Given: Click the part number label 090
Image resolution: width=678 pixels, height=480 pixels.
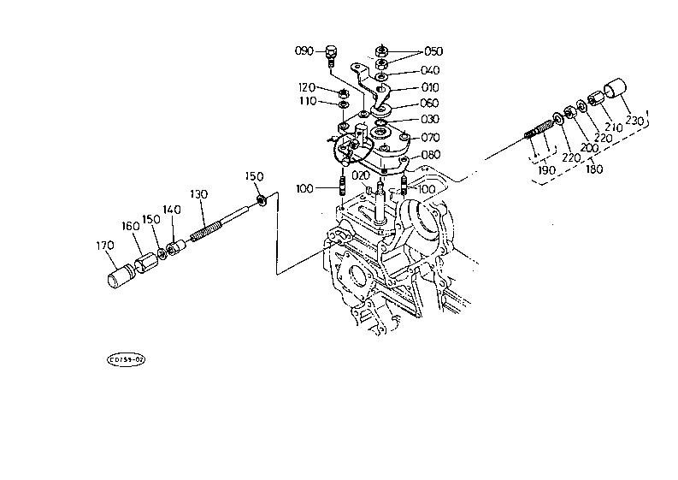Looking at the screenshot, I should [304, 50].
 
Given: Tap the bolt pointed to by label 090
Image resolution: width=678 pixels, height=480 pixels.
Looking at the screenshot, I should [331, 54].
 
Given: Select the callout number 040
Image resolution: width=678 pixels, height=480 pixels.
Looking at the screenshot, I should [429, 70].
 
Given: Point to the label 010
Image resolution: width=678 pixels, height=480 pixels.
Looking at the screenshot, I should [429, 87].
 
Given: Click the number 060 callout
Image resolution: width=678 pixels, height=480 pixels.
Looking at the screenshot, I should [429, 104].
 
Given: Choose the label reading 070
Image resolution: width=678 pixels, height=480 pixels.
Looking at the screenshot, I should [429, 137].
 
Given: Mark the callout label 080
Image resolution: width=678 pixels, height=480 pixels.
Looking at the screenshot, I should [429, 154].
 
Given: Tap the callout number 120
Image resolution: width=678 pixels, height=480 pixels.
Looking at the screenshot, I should [307, 87].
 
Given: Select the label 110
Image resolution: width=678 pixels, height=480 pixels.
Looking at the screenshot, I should [307, 101].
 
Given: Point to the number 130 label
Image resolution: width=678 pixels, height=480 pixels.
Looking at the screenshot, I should [198, 194].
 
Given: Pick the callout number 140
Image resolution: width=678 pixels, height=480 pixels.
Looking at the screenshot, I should [172, 210].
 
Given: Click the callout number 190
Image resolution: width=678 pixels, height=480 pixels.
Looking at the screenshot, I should [546, 170].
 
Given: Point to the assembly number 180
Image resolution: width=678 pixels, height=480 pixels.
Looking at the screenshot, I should [593, 169].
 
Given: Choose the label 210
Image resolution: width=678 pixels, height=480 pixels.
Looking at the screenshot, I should [614, 127].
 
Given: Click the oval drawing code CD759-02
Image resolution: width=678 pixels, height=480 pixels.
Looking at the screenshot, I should [126, 360].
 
